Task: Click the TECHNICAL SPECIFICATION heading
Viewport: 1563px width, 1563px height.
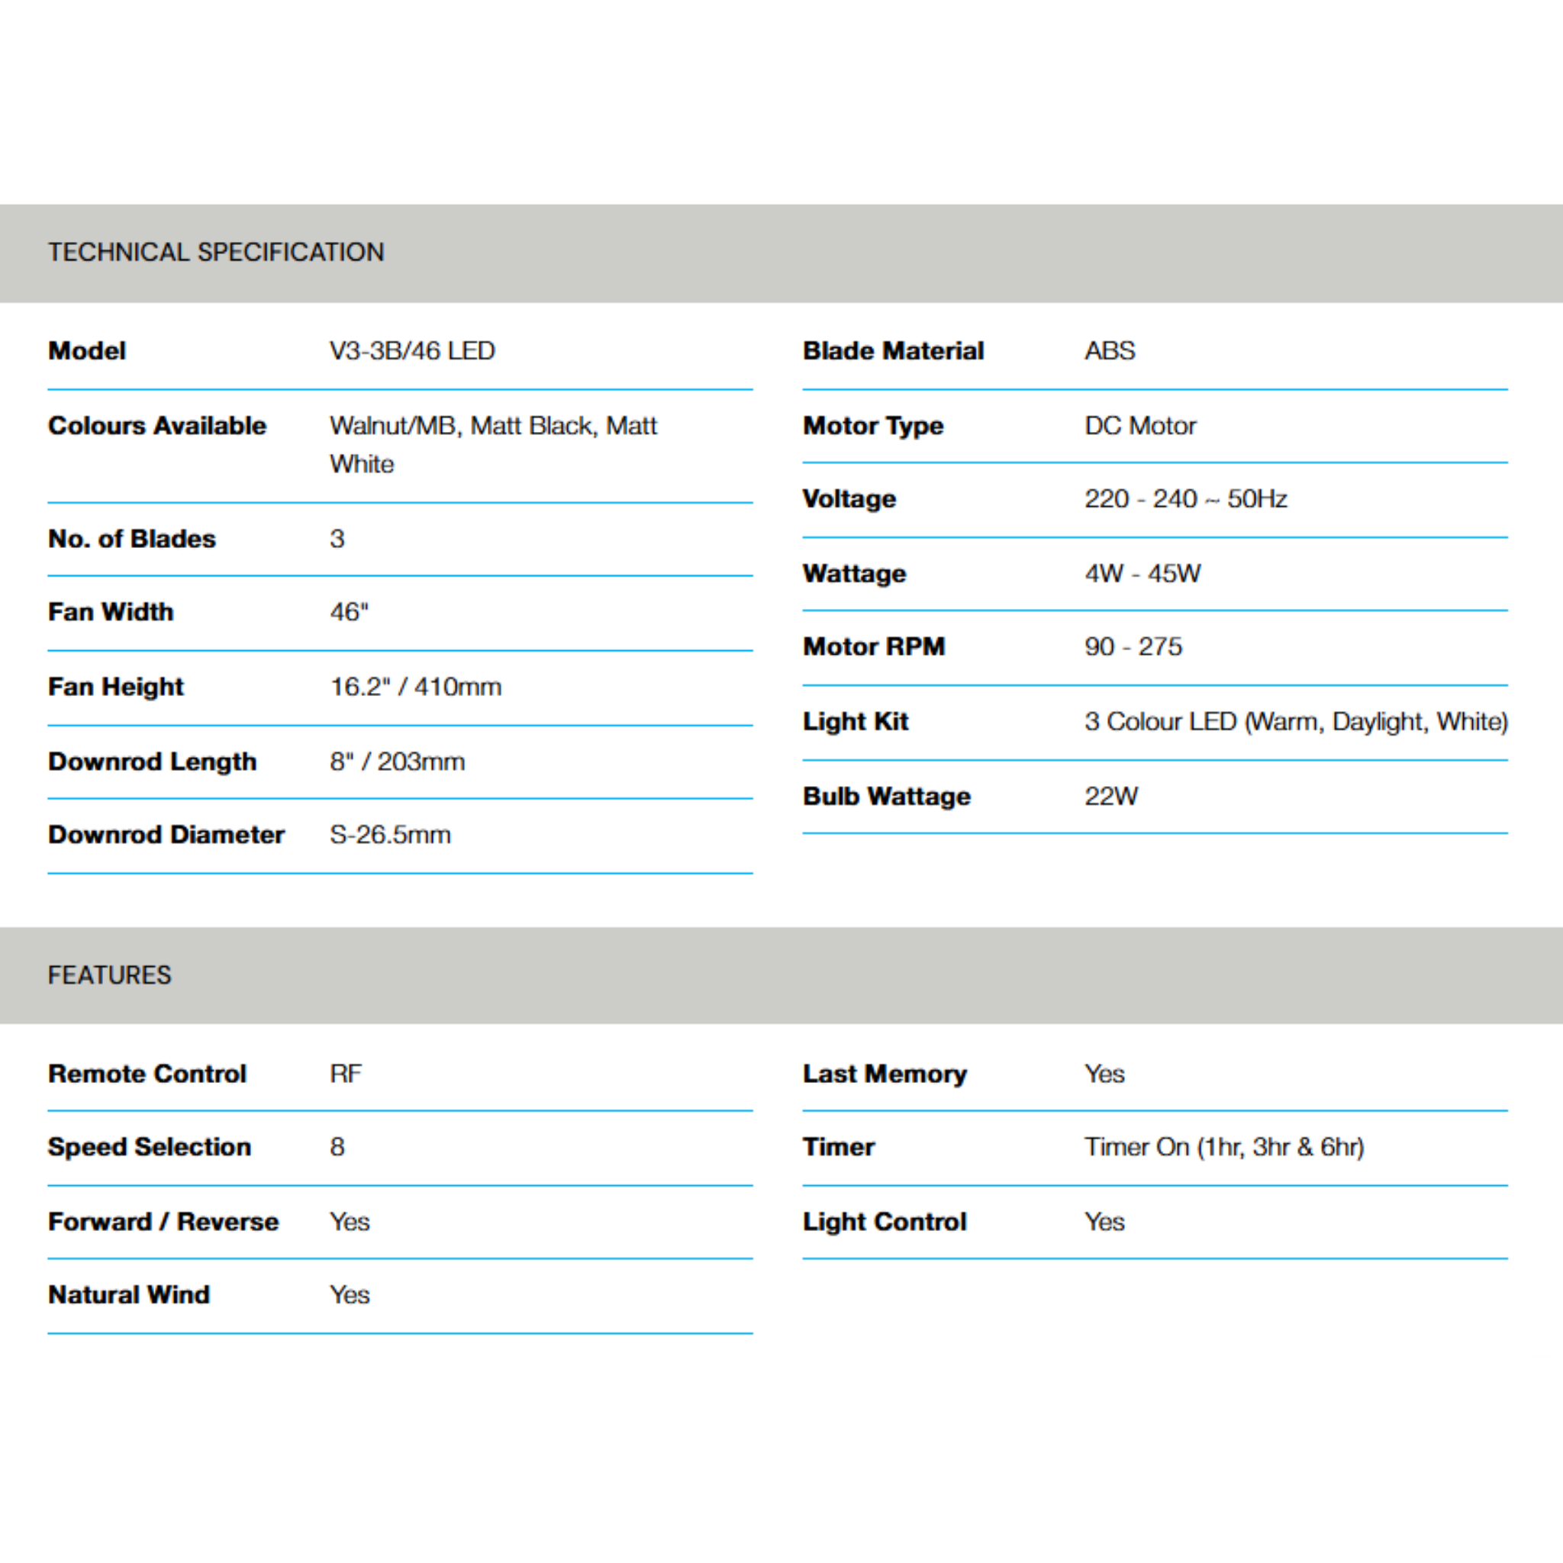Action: coord(216,253)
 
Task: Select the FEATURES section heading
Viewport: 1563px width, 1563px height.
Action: coord(109,975)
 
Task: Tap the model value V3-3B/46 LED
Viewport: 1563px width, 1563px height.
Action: coord(412,351)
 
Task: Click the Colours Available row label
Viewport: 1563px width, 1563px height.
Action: coord(157,426)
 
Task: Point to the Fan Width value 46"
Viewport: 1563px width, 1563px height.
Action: coord(349,612)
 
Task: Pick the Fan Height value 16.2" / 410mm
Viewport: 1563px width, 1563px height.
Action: coord(415,687)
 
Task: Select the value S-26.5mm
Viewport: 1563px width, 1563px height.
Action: coord(390,835)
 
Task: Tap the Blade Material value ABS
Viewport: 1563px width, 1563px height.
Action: coord(1109,351)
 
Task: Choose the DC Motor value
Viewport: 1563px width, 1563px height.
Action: coord(1140,426)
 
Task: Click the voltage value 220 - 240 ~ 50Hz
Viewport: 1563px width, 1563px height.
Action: coord(1185,499)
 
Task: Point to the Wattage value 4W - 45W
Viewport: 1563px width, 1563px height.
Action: coord(1142,574)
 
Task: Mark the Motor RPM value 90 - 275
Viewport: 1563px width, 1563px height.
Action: coord(1133,647)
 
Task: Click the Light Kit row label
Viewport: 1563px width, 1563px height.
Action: coord(855,722)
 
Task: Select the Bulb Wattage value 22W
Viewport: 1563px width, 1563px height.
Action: coord(1110,796)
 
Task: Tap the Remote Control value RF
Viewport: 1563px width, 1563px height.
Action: coord(346,1074)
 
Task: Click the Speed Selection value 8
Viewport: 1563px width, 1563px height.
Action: coord(337,1147)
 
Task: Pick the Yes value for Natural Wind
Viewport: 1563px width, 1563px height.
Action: coord(350,1294)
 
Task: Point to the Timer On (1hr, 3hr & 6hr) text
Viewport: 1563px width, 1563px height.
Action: coord(1224,1147)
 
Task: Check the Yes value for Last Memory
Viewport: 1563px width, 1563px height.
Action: coord(1104,1074)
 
